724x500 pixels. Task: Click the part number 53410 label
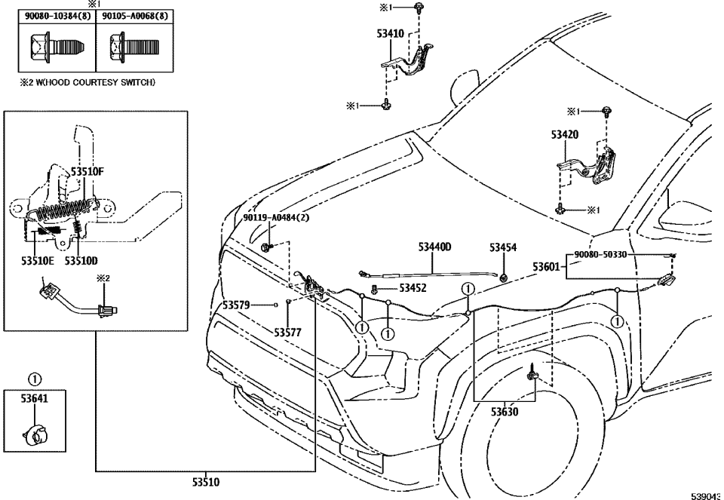pyautogui.click(x=390, y=34)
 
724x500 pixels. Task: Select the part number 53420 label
pyautogui.click(x=564, y=136)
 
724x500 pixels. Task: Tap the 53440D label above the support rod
pyautogui.click(x=435, y=247)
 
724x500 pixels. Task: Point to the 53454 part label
pyautogui.click(x=503, y=247)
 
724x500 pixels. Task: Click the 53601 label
pyautogui.click(x=546, y=266)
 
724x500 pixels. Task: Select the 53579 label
pyautogui.click(x=240, y=305)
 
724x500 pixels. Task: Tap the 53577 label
pyautogui.click(x=288, y=331)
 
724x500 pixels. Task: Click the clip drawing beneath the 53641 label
pyautogui.click(x=35, y=435)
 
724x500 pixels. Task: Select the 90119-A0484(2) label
pyautogui.click(x=276, y=217)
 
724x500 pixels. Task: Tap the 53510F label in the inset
pyautogui.click(x=87, y=172)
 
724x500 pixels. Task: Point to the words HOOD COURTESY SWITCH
pyautogui.click(x=109, y=82)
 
